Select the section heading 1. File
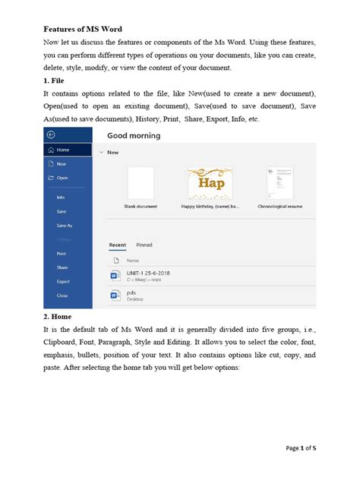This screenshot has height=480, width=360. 56,79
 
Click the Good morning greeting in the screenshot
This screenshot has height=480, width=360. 134,136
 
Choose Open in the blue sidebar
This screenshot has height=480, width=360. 62,178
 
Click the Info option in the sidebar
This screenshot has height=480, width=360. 60,197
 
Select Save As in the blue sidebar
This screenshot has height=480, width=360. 64,226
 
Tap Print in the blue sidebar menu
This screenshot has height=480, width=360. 61,253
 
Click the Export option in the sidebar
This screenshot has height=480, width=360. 63,281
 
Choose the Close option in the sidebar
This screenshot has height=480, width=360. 62,295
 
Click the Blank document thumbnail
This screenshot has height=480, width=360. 141,184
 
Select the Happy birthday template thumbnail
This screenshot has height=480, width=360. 210,183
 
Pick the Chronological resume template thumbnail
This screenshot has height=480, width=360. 279,183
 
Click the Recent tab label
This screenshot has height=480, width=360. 118,245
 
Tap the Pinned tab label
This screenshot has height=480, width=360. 144,245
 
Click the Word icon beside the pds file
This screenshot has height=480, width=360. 115,295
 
